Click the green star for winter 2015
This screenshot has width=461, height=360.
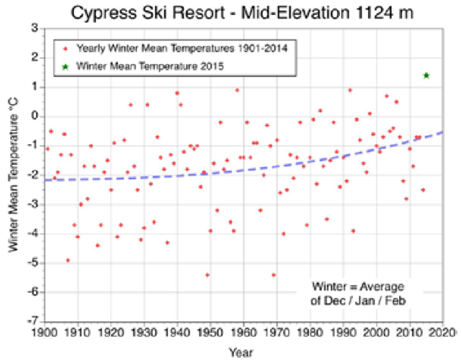coord(426,75)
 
